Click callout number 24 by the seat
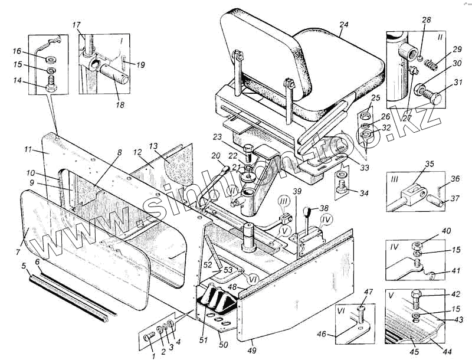tap(344, 25)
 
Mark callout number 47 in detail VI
tap(369, 292)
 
